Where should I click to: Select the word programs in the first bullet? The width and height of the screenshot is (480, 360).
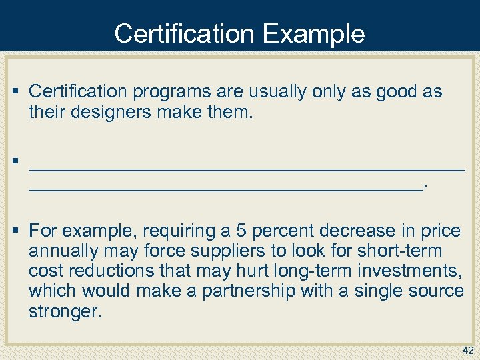(x=164, y=92)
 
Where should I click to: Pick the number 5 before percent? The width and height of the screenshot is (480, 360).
(x=242, y=231)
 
